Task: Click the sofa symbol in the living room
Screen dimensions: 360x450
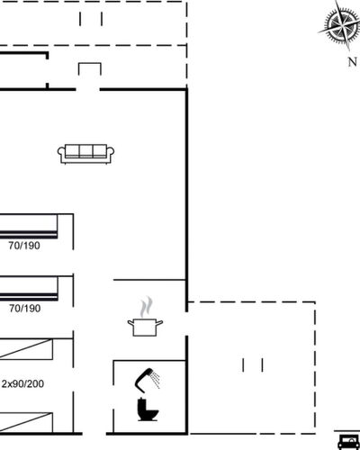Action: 85,154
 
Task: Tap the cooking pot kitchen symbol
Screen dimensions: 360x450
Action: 145,328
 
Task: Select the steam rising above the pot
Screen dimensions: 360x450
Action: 146,307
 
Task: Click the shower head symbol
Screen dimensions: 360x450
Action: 147,380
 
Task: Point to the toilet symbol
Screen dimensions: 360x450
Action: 148,409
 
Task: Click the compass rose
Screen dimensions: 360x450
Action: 340,25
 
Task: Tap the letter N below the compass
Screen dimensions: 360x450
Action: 353,62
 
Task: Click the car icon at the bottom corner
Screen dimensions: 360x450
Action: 348,441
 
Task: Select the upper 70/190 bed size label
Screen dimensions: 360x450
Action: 24,246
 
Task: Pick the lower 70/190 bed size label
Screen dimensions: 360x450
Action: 24,309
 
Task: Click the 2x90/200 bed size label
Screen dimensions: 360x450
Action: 22,383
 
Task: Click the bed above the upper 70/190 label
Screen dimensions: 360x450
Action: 29,227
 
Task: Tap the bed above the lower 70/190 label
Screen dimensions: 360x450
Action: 29,289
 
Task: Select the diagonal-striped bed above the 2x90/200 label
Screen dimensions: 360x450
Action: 26,349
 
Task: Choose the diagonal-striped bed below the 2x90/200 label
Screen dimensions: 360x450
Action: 26,422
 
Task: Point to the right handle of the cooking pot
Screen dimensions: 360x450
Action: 159,323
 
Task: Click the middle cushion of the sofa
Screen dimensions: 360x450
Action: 85,151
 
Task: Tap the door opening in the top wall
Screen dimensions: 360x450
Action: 87,89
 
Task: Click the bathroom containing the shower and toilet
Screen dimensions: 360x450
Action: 149,397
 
